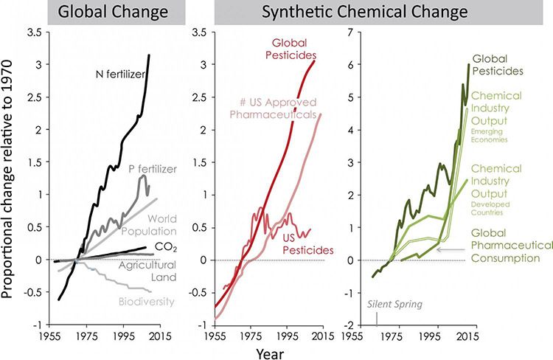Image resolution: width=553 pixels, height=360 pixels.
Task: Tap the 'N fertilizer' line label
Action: pos(119,73)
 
